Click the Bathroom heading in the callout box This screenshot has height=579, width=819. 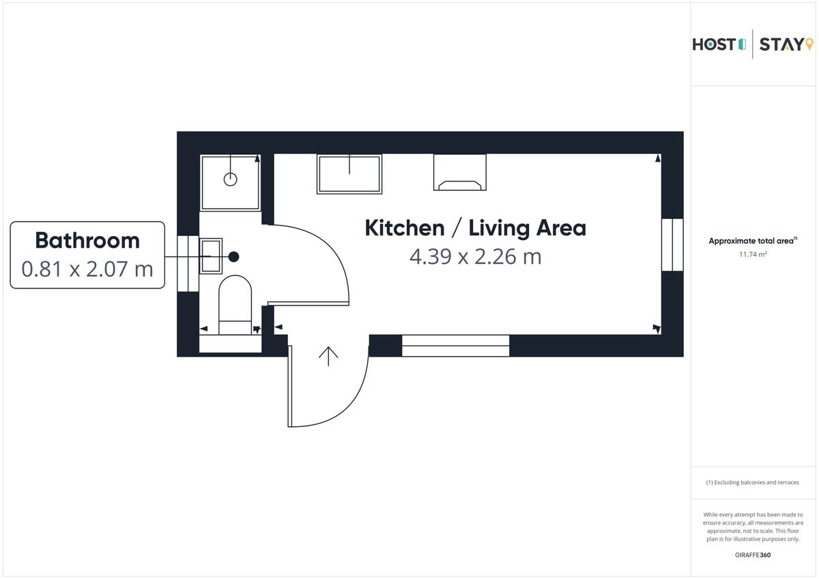click(87, 241)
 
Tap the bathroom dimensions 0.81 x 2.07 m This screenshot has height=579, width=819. click(87, 269)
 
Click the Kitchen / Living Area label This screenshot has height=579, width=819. click(475, 228)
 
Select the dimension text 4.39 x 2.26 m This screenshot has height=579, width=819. click(475, 257)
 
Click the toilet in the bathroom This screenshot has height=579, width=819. click(235, 305)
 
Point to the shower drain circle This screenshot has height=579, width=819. click(231, 179)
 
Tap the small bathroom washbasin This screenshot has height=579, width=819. click(211, 256)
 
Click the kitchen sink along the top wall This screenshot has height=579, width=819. click(349, 174)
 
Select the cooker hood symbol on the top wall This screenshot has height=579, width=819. click(460, 173)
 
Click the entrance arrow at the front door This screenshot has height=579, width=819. click(328, 356)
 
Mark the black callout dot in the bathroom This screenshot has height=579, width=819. click(233, 257)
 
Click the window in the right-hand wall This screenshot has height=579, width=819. click(672, 245)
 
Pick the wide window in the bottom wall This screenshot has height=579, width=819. click(456, 346)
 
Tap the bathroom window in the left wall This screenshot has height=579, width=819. click(188, 263)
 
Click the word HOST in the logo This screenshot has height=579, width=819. click(714, 44)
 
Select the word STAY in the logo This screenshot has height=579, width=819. click(781, 44)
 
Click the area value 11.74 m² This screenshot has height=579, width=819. click(753, 254)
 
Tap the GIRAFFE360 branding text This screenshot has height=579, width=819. click(753, 555)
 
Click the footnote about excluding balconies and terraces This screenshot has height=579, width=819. click(752, 483)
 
